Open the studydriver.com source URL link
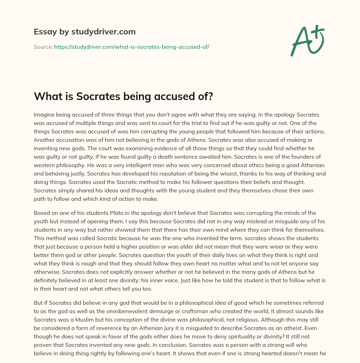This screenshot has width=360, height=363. coord(131,47)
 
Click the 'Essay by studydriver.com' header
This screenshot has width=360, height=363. coord(84,32)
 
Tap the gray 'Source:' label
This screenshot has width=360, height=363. coord(43,47)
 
